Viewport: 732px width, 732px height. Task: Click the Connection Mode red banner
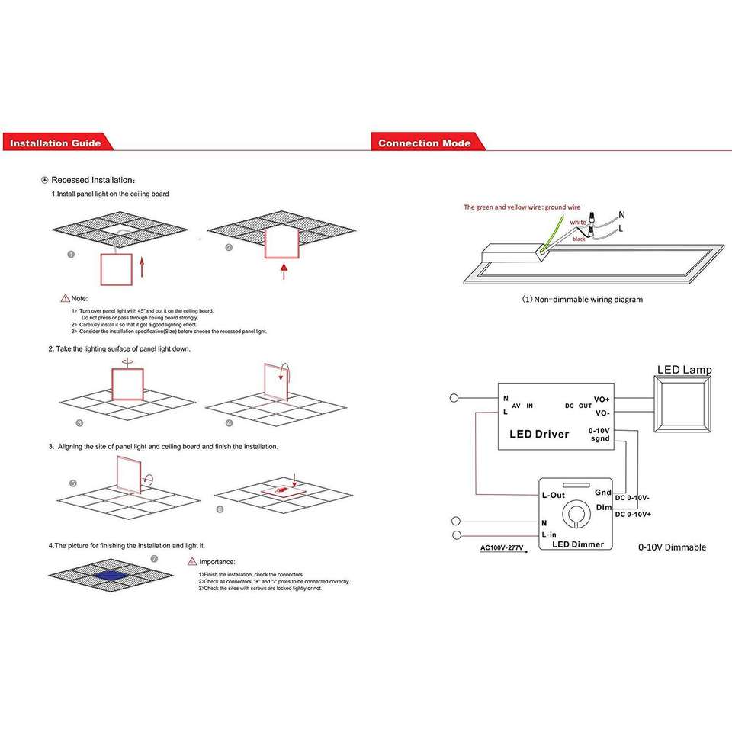(x=424, y=143)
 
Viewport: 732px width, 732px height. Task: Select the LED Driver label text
(x=538, y=434)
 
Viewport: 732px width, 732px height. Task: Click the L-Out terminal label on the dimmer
(x=553, y=496)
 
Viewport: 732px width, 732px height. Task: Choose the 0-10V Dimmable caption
(x=672, y=547)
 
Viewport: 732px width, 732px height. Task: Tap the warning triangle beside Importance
(x=192, y=562)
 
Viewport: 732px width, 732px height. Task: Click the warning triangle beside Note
(x=65, y=297)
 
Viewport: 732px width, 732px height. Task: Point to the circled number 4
(x=229, y=422)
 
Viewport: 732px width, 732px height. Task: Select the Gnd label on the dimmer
(x=603, y=493)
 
